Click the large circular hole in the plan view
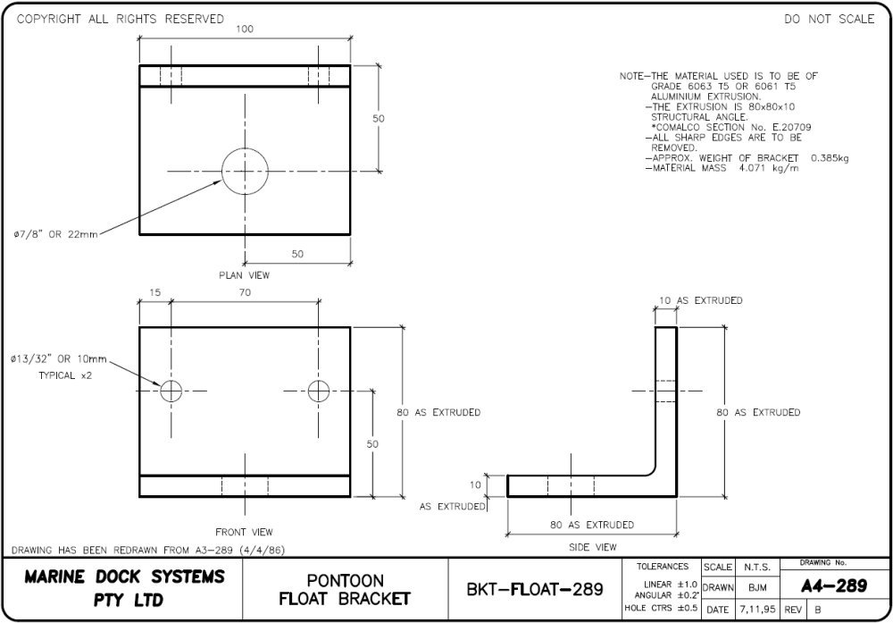tap(245, 171)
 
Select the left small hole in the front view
tap(171, 390)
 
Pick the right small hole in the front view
tap(319, 390)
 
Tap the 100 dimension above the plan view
tap(245, 29)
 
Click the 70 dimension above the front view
tap(245, 292)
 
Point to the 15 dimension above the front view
tap(154, 292)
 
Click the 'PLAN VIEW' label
tap(244, 275)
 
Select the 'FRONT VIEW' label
tap(244, 532)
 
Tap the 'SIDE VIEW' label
tap(593, 546)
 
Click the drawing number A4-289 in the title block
tap(833, 585)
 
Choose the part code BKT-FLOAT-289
tap(536, 590)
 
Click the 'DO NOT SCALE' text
tap(829, 20)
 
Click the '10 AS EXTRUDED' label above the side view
tap(701, 301)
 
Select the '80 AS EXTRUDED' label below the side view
tap(592, 525)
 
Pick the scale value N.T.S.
tap(755, 567)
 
